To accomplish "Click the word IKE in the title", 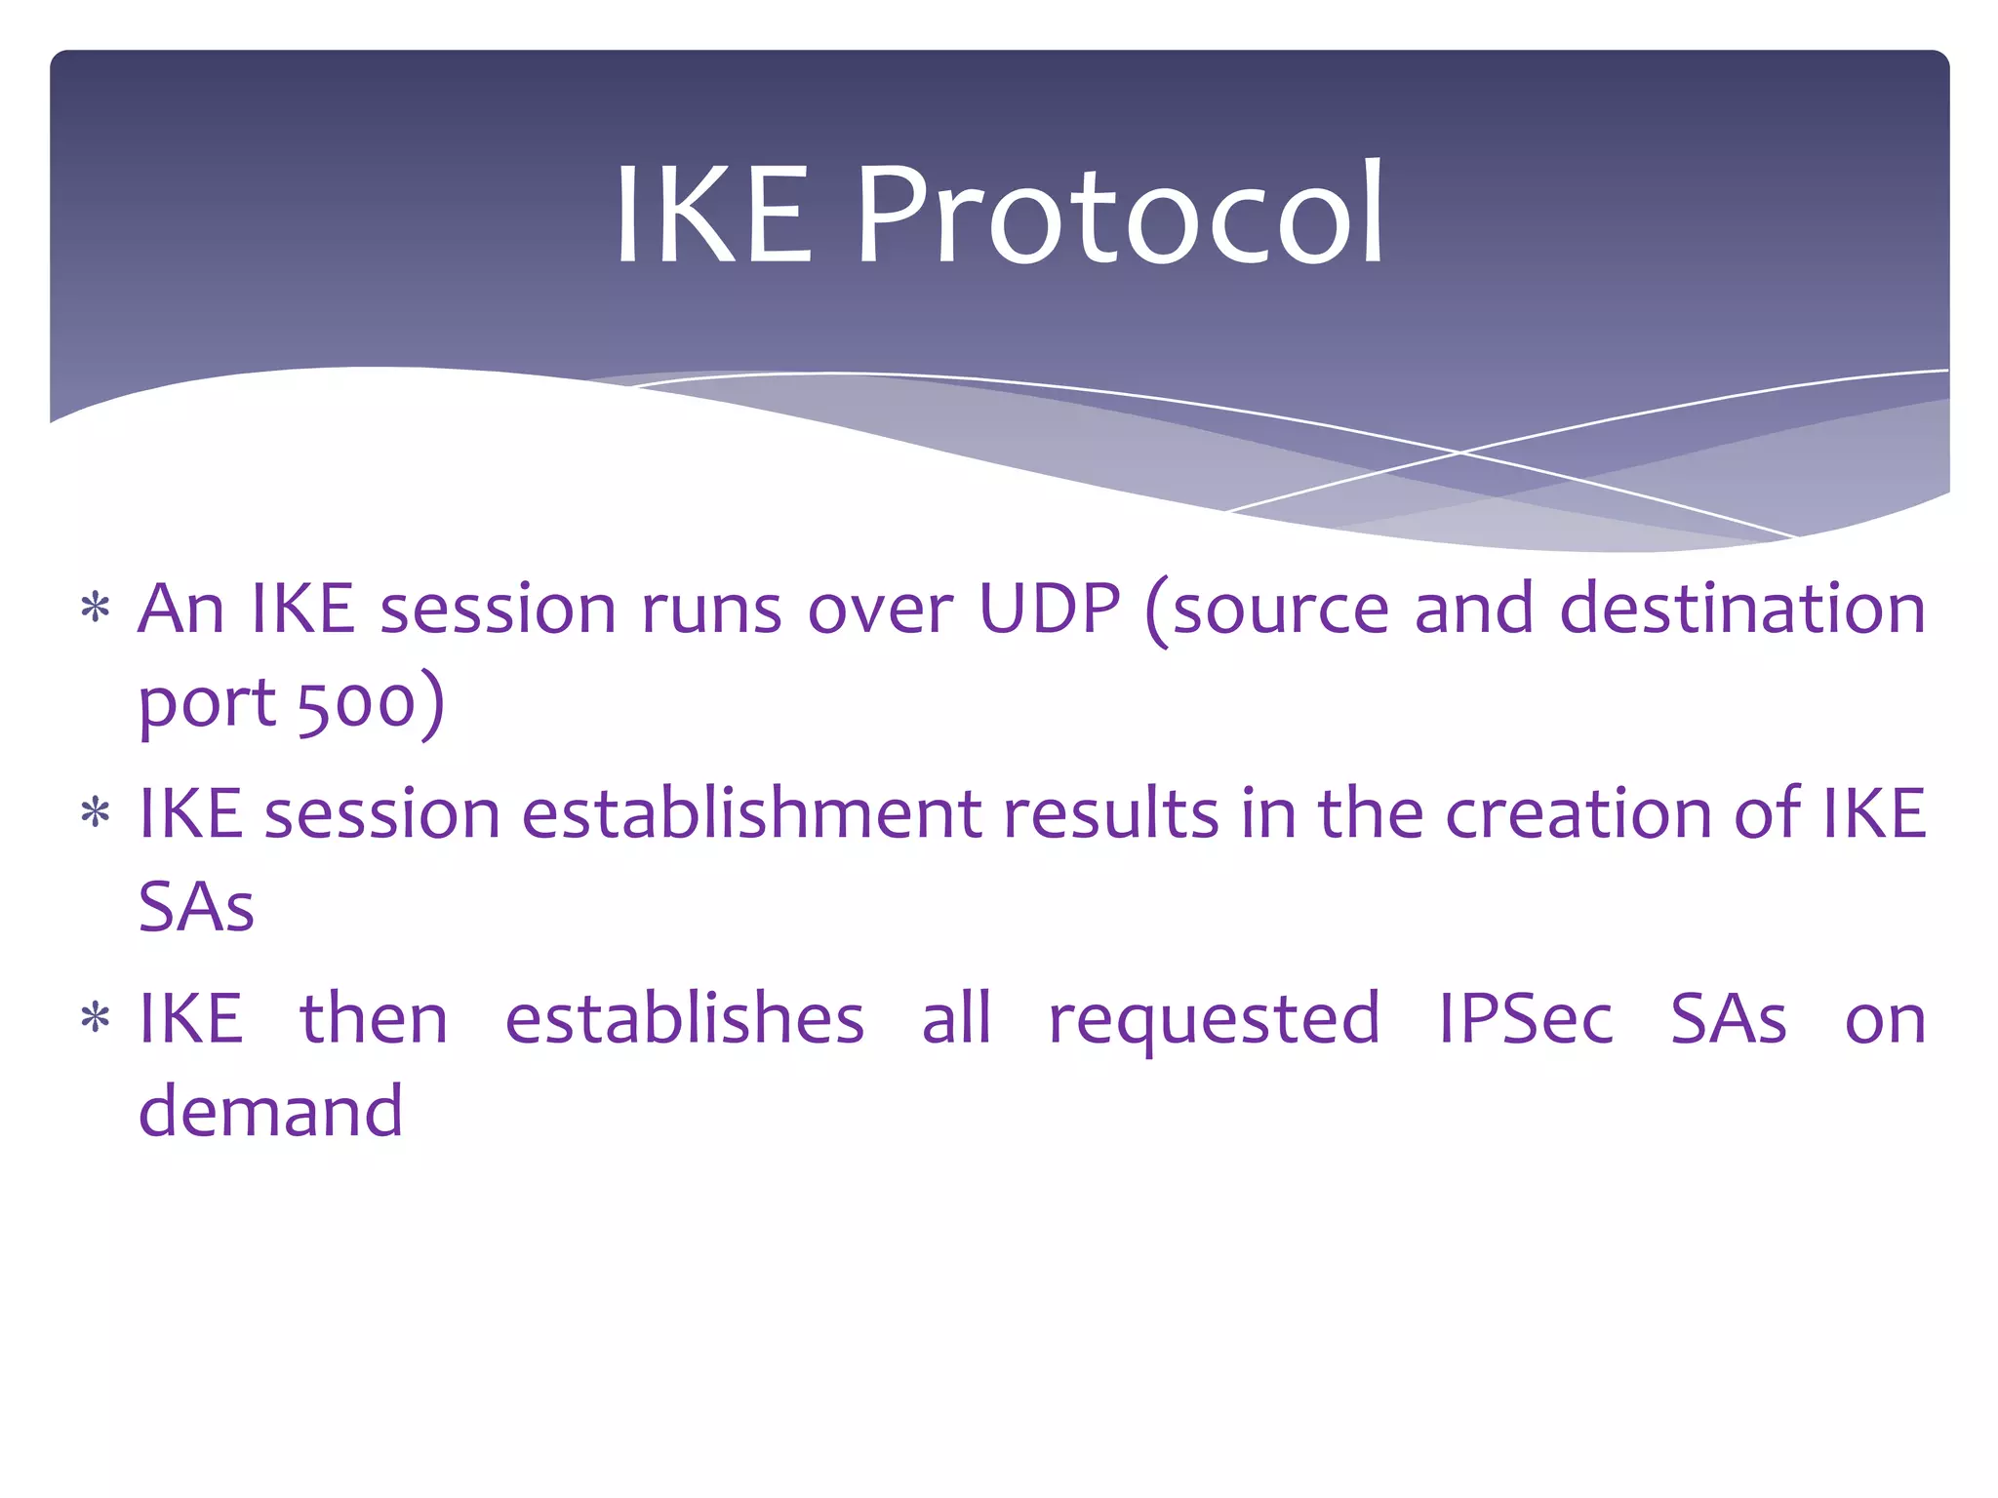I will click(713, 215).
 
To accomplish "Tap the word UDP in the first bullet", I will click(1050, 610).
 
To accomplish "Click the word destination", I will click(1742, 610).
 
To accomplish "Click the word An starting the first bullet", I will click(181, 610).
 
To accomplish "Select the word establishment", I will click(751, 814).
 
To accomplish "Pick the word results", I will click(1110, 814).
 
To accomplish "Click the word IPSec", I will click(1526, 1019).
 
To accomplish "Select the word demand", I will click(270, 1112).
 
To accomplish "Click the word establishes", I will click(684, 1019).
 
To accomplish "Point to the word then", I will click(374, 1019).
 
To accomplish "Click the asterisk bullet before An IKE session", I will click(95, 610).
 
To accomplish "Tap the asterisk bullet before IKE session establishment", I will click(95, 812).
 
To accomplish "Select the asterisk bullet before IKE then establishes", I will click(95, 1018).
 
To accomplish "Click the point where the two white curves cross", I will click(1460, 453).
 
